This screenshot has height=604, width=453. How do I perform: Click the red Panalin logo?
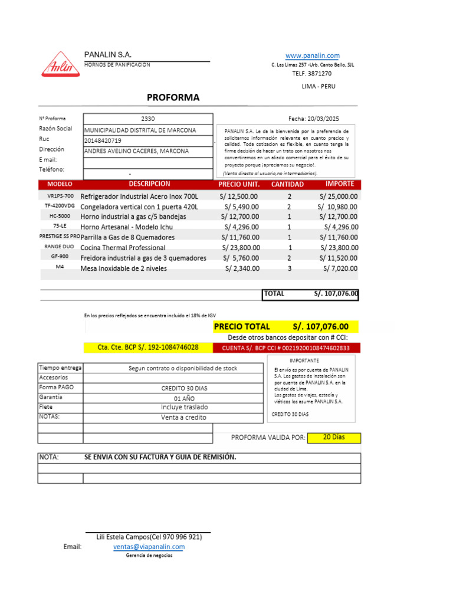[x=60, y=65]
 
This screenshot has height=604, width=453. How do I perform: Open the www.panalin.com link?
[x=312, y=55]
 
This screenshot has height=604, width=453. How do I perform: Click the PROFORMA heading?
[x=173, y=97]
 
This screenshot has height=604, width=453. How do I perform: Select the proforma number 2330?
[x=148, y=119]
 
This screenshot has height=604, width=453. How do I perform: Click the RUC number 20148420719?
[x=103, y=140]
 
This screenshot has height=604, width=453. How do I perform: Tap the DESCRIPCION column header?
[x=149, y=184]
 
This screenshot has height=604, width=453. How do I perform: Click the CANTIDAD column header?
[x=287, y=185]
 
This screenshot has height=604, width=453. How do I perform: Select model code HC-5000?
[x=60, y=216]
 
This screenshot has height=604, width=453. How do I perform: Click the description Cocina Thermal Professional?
[x=123, y=248]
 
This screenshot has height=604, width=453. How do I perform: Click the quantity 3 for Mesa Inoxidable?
[x=290, y=268]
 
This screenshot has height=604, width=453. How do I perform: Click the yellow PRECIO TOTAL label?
[x=242, y=326]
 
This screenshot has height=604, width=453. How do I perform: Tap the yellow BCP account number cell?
[x=147, y=347]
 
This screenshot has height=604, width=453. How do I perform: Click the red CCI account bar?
[x=285, y=348]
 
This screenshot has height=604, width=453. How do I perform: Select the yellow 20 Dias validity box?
[x=334, y=438]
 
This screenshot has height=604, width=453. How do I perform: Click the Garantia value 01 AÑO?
[x=185, y=398]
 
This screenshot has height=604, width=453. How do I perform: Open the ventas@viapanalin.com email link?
[x=149, y=547]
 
